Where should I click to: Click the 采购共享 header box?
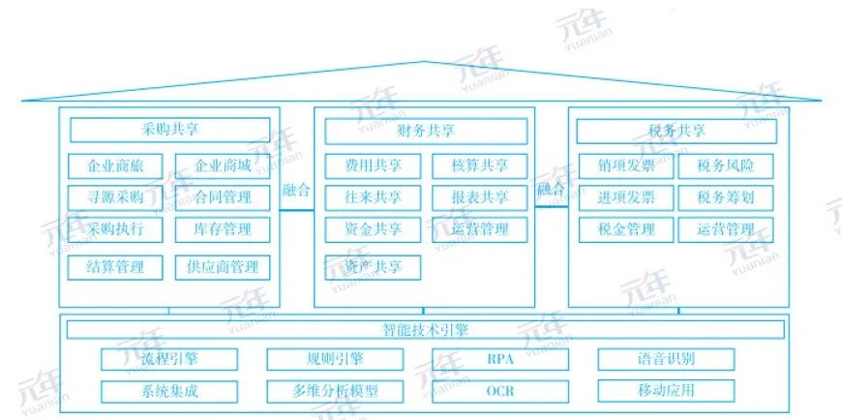[170, 130]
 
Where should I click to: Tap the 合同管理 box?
[223, 197]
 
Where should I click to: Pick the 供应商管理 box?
[223, 267]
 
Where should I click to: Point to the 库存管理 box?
[223, 229]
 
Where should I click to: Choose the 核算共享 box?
[480, 165]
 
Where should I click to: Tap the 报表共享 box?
[480, 197]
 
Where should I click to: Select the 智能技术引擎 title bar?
[426, 329]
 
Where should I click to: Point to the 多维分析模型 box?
[335, 391]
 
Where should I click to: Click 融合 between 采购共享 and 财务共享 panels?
[297, 190]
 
